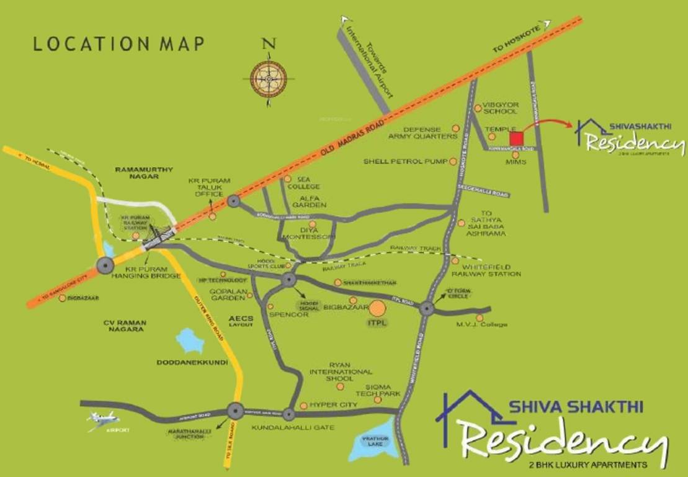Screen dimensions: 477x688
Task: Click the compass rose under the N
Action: (x=268, y=79)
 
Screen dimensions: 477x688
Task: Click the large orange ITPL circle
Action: (x=378, y=308)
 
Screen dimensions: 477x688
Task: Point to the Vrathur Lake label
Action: (x=372, y=442)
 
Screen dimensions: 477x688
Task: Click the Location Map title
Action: (x=118, y=45)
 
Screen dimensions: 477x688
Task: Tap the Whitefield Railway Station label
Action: (x=486, y=270)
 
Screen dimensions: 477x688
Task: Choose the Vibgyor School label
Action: (x=501, y=108)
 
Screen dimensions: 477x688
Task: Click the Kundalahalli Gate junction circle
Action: (x=288, y=414)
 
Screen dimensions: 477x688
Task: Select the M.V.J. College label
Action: (x=481, y=324)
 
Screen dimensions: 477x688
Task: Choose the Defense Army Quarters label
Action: (x=422, y=132)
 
